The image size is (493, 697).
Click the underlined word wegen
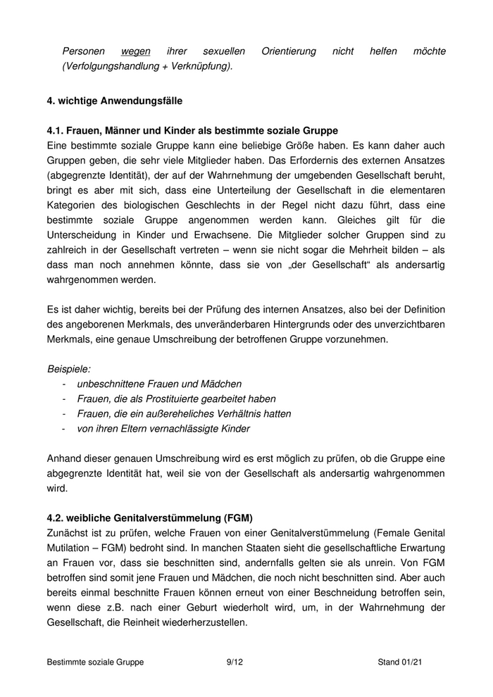tap(136, 51)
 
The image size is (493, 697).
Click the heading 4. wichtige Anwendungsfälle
tap(114, 101)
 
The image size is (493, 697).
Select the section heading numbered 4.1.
tap(192, 130)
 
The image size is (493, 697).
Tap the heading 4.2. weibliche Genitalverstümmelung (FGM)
tap(149, 517)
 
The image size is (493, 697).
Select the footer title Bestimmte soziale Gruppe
tap(95, 663)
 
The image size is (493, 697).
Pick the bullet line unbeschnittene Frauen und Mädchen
tap(159, 384)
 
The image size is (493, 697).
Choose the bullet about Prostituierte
tap(176, 398)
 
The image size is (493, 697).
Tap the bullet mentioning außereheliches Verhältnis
tap(184, 413)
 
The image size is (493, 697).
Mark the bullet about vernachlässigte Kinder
tap(163, 428)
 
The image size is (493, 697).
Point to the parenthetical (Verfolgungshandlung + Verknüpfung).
tap(147, 65)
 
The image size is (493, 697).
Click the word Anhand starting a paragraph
tap(65, 458)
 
